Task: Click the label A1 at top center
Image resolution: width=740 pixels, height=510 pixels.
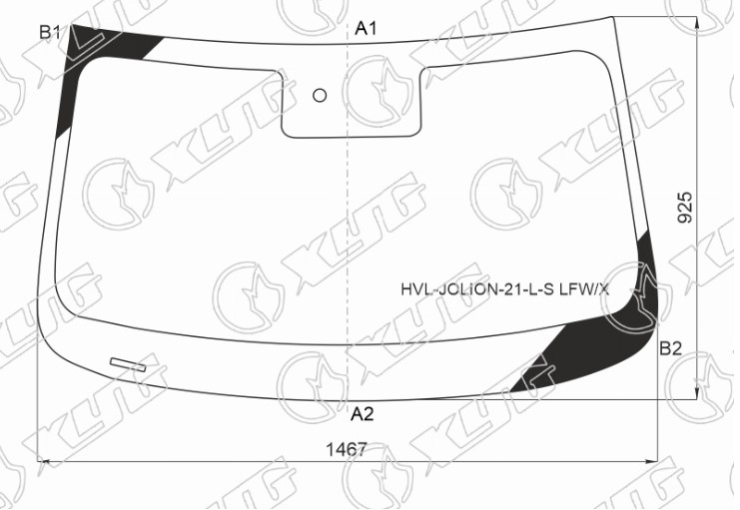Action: pos(366,29)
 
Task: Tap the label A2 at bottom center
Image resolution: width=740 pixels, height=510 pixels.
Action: pos(362,414)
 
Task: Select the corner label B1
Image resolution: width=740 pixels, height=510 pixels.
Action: pos(50,33)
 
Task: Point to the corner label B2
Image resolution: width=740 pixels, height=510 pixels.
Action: pos(671,348)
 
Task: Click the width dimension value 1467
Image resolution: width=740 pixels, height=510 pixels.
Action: pos(347,449)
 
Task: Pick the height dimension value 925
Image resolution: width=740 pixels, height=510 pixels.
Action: pos(685,207)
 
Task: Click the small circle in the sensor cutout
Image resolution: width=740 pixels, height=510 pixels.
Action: pos(320,96)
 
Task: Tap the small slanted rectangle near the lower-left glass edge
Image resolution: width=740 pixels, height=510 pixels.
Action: pos(128,364)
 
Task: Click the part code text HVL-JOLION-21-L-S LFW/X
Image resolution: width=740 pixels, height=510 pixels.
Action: pos(505,289)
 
